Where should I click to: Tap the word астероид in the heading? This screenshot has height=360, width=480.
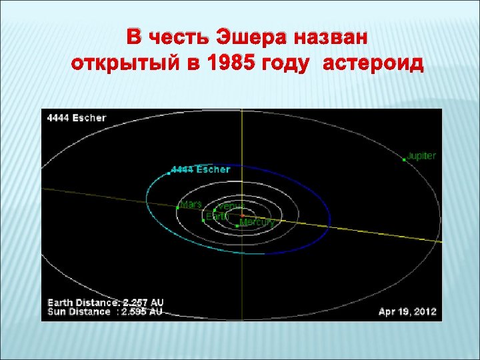[x=373, y=65]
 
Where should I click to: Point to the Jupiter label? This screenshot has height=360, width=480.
[x=421, y=156]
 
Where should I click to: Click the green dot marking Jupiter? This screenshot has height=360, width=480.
[x=405, y=160]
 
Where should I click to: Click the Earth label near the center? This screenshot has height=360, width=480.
[x=217, y=216]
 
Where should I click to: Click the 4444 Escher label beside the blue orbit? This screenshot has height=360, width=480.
[x=201, y=170]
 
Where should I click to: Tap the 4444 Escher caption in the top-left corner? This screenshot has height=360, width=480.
[x=76, y=118]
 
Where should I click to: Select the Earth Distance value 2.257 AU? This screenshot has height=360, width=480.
[x=142, y=303]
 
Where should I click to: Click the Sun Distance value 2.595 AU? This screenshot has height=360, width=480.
[x=142, y=311]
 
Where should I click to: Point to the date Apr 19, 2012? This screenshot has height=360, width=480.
[x=407, y=311]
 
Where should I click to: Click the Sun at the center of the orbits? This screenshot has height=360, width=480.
[x=241, y=215]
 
